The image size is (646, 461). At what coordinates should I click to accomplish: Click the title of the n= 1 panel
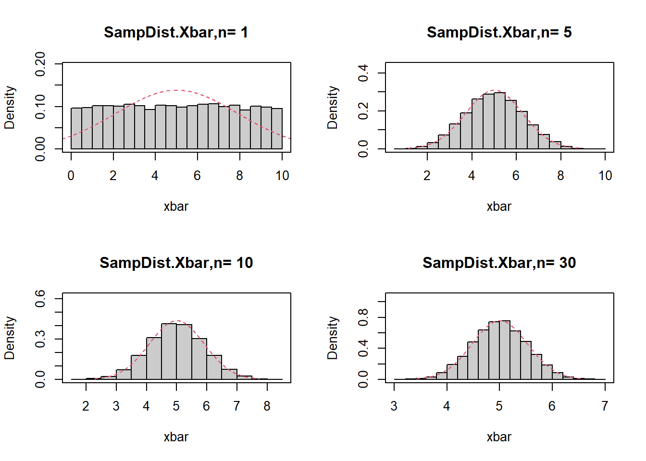point(176,32)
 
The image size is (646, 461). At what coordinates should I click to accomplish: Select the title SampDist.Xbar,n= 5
point(499,32)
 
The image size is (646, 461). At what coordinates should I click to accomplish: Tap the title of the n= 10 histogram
point(176,263)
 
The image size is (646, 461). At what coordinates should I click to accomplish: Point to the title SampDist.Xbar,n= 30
point(499,263)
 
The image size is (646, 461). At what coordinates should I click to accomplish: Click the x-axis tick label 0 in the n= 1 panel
point(71,176)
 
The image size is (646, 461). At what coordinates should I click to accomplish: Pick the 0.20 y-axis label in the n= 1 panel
point(40,63)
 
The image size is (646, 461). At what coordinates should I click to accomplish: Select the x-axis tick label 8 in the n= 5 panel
point(560,176)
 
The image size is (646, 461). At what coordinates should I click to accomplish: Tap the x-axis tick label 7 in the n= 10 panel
point(236,406)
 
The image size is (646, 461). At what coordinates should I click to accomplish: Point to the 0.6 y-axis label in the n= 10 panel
point(40,299)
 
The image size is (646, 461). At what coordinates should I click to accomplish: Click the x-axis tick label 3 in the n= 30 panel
point(394,406)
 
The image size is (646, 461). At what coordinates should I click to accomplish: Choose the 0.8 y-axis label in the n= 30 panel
point(363,317)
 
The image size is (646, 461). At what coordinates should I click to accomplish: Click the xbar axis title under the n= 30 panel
point(499,437)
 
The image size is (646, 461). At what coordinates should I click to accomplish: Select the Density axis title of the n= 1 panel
point(10,108)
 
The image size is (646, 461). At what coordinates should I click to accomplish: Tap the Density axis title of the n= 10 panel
point(10,338)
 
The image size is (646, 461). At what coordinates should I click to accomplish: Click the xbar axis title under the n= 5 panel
point(499,206)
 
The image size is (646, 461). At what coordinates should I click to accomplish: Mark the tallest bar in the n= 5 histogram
point(499,121)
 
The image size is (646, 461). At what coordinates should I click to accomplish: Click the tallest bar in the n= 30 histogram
point(505,350)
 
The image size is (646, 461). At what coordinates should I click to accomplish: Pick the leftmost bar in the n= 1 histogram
point(76,128)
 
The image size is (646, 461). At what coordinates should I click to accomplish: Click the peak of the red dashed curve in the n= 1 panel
point(176,90)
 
